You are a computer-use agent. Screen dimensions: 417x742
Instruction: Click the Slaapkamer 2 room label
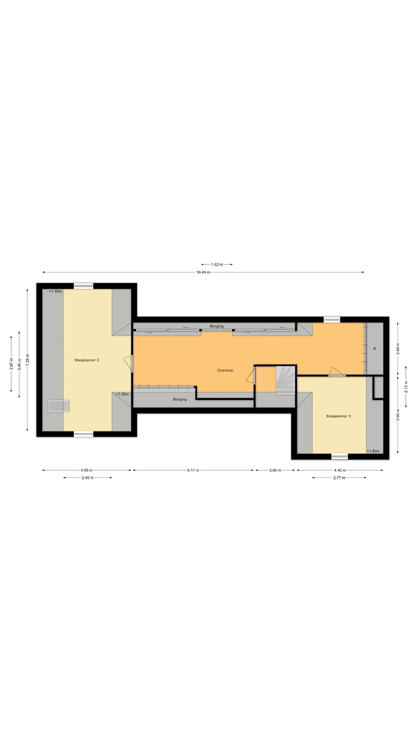pos(87,360)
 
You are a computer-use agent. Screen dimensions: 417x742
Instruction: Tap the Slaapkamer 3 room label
pos(338,416)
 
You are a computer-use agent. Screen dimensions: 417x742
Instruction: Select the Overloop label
pos(225,371)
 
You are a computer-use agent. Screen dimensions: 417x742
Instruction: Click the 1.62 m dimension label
pos(217,264)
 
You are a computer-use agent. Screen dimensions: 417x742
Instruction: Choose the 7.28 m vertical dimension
pos(27,360)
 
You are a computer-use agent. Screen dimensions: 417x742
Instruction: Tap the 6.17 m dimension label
pos(193,470)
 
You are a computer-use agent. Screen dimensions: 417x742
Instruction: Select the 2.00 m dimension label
pos(275,470)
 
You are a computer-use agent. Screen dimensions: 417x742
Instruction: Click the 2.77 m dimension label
pos(339,478)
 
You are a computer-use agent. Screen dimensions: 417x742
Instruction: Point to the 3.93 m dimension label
pos(398,415)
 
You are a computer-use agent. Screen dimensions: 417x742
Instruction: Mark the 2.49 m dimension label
pos(87,478)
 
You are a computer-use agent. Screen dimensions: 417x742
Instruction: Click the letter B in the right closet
pos(375,348)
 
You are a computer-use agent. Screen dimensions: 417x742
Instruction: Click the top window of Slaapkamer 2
pos(83,286)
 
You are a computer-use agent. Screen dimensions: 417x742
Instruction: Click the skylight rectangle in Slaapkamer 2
pos(58,406)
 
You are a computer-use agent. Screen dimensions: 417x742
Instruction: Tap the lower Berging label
pos(180,399)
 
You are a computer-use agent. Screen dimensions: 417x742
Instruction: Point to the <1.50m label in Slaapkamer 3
pos(373,451)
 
